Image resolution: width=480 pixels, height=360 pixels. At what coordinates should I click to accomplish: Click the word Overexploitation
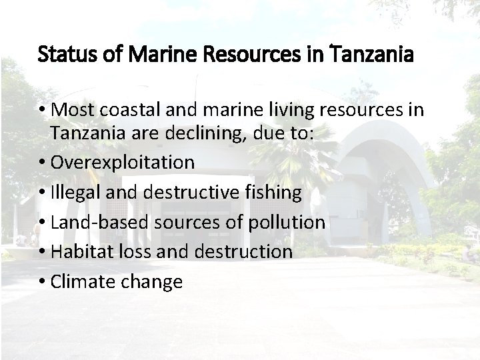pyautogui.click(x=123, y=162)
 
